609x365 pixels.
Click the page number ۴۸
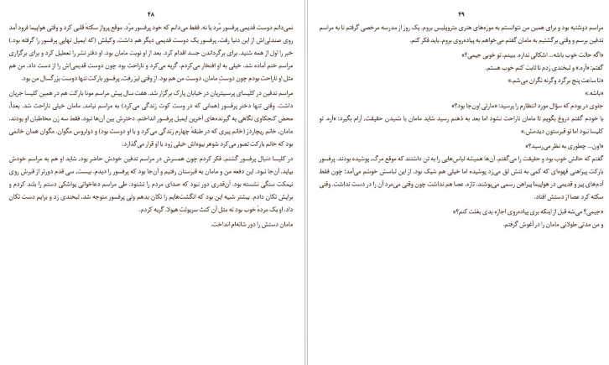[x=152, y=14]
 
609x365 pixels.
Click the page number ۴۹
[x=456, y=14]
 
